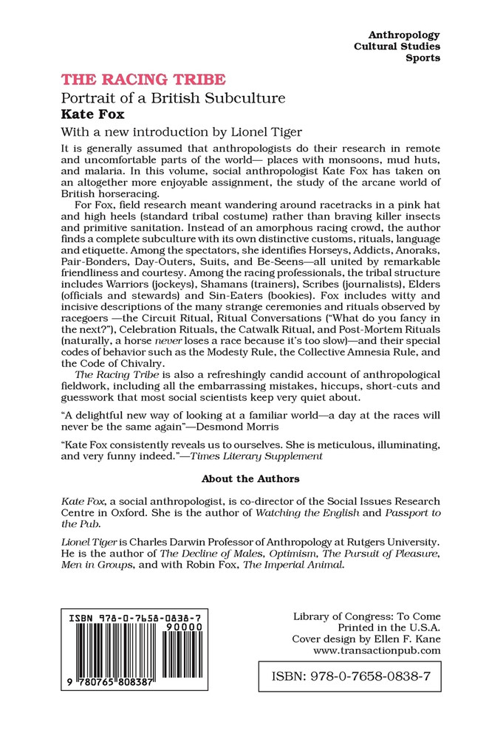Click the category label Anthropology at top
coord(404,35)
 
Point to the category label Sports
coord(423,58)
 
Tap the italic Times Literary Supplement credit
coord(264,456)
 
